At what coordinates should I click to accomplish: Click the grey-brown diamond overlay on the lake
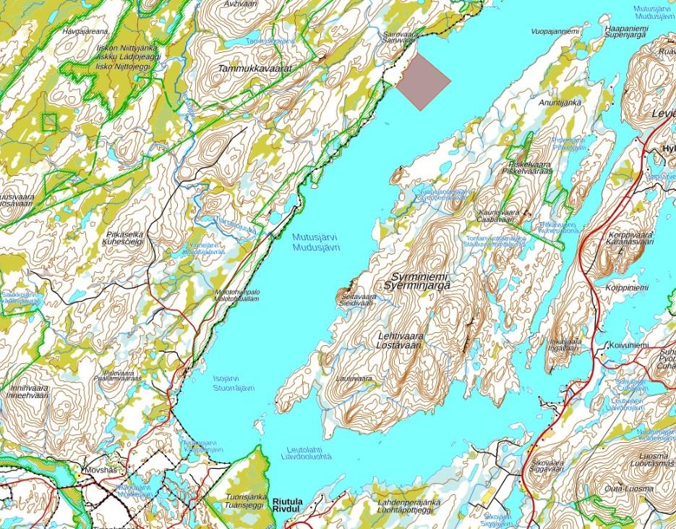coord(423,80)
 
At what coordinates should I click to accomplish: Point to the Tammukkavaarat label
coord(254,67)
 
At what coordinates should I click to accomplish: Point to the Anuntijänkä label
coord(560,103)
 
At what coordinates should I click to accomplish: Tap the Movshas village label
coord(100,470)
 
